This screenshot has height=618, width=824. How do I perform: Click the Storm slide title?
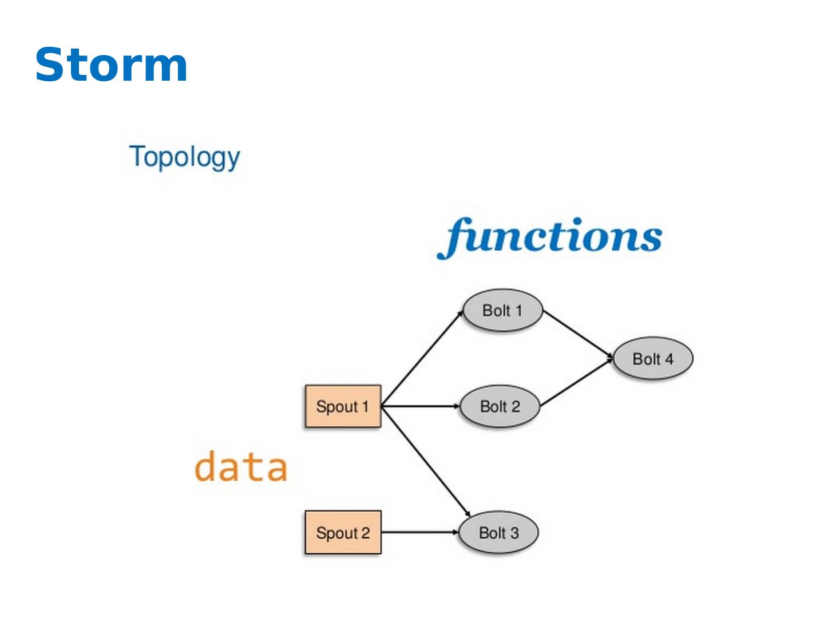click(111, 65)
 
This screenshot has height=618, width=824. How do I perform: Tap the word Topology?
click(184, 157)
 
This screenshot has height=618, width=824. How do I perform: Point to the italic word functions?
click(549, 238)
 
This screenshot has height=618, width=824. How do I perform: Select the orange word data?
click(241, 466)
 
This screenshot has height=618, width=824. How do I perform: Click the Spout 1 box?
click(343, 406)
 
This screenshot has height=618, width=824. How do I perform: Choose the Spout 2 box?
click(343, 532)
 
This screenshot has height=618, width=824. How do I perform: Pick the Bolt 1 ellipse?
click(502, 310)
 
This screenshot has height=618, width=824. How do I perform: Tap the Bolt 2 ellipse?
click(500, 406)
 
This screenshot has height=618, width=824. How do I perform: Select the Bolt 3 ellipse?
click(498, 532)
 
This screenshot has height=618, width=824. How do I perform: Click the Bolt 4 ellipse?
click(653, 358)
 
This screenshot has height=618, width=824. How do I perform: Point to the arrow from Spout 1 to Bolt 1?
click(422, 358)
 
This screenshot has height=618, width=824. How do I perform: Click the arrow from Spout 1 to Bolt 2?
click(421, 406)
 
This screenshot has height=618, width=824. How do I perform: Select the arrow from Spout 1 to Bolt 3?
click(426, 461)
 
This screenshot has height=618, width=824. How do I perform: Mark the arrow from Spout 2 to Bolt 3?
click(420, 532)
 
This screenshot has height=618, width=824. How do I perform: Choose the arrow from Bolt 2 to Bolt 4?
click(577, 383)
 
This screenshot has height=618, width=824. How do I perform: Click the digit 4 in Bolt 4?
click(669, 359)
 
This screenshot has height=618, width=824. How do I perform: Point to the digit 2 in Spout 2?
click(365, 533)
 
